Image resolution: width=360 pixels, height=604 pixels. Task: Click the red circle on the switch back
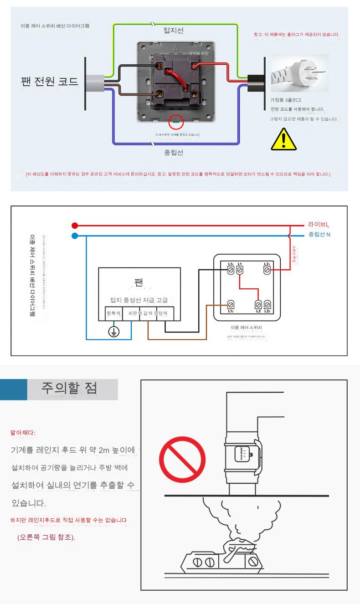pos(176,123)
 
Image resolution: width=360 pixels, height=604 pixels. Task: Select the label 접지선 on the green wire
pos(174,31)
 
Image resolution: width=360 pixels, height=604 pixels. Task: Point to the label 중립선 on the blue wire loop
pos(174,153)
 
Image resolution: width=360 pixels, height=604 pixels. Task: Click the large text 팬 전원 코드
pos(50,82)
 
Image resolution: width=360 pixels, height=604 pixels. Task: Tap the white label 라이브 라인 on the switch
pos(199,53)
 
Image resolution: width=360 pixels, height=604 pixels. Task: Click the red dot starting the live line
pos(75,225)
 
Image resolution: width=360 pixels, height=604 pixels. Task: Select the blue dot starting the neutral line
pos(75,236)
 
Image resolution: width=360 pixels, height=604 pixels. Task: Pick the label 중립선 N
pos(319,235)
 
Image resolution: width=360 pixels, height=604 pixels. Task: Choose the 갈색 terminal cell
pos(148,314)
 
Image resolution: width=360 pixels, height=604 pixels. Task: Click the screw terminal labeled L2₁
pos(267,270)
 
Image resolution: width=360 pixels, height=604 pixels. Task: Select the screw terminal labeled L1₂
pos(231,304)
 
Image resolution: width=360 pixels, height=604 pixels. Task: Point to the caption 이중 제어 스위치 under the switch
pos(247,327)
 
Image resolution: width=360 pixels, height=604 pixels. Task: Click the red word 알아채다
pos(23,432)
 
